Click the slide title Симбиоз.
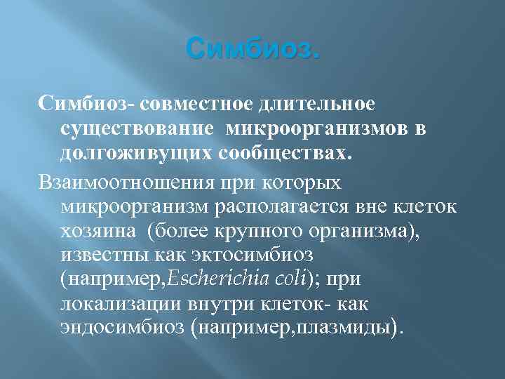pyautogui.click(x=252, y=51)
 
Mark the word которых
pyautogui.click(x=304, y=183)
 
